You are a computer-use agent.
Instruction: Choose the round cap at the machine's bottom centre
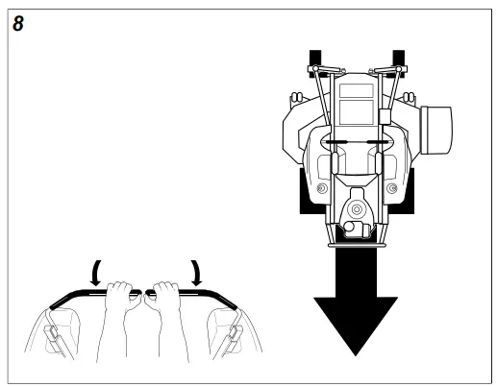(x=356, y=207)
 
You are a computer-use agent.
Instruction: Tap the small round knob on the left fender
(x=321, y=187)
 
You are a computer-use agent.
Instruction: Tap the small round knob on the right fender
(x=390, y=187)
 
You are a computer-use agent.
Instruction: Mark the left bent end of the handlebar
(x=57, y=302)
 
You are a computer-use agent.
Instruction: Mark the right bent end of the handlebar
(x=231, y=302)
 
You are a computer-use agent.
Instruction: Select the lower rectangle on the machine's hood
(x=356, y=111)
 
